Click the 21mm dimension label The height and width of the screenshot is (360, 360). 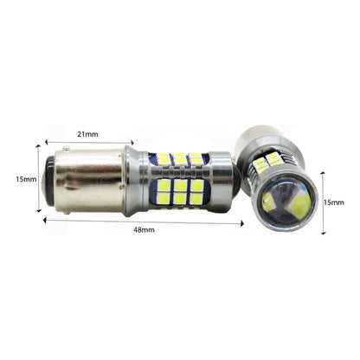click(87, 134)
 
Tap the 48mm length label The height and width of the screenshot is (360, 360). click(144, 230)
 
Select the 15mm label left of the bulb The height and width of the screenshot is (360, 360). click(26, 179)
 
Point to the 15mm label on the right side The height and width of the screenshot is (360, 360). click(334, 202)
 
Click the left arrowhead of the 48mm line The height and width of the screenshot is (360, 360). click(44, 221)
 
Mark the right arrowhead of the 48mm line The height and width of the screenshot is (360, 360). click(242, 223)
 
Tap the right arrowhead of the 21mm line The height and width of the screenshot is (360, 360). click(132, 143)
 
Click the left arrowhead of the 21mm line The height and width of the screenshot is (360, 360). click(46, 141)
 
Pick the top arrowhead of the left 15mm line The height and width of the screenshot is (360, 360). click(38, 146)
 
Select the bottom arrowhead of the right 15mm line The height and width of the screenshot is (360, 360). click(324, 232)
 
